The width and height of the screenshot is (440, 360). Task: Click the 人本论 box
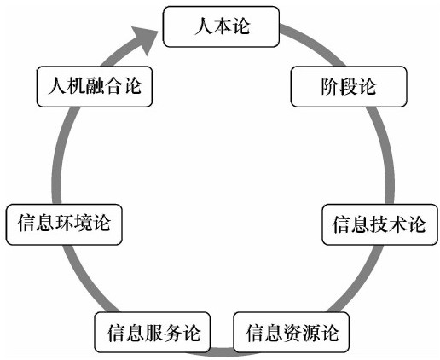click(x=221, y=26)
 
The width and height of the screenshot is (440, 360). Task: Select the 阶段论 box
click(x=349, y=87)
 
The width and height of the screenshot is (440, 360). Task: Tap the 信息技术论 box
click(x=379, y=224)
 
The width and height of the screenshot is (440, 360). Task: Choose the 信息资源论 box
click(x=291, y=333)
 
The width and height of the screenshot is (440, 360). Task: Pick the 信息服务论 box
click(x=153, y=333)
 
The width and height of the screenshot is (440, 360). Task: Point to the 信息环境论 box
click(x=64, y=224)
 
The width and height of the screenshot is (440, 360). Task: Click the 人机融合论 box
click(x=95, y=87)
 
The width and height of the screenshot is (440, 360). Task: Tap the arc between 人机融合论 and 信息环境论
click(x=57, y=155)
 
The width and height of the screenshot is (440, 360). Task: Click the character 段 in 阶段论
click(x=349, y=86)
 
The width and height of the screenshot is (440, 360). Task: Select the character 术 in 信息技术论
click(x=398, y=224)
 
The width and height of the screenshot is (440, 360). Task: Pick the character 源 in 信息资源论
click(x=310, y=333)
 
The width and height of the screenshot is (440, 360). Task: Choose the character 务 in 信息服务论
click(x=171, y=333)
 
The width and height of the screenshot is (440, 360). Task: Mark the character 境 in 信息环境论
click(x=83, y=223)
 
